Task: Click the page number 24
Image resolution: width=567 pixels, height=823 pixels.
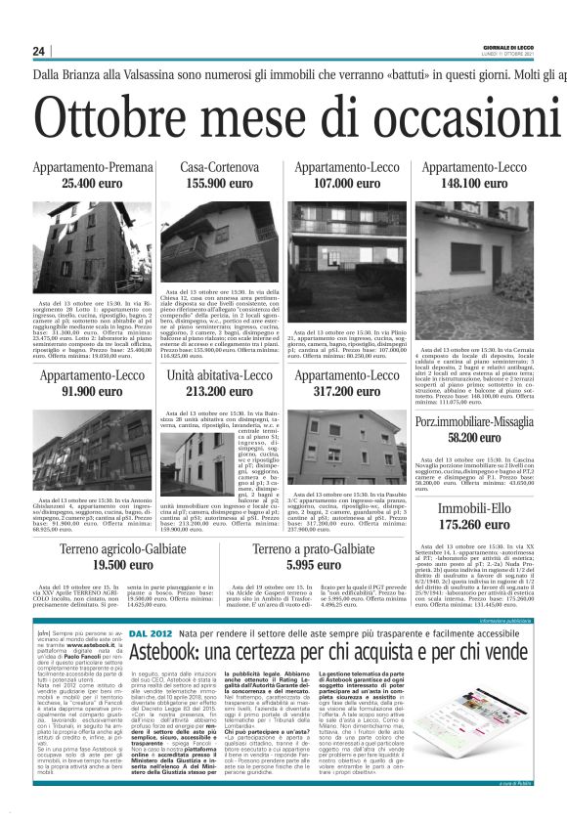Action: pos(39,51)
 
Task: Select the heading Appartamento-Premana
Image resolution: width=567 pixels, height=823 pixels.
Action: pos(92,168)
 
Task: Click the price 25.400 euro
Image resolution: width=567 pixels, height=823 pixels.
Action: pos(92,184)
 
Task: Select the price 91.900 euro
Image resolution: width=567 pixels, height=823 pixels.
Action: pos(92,391)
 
